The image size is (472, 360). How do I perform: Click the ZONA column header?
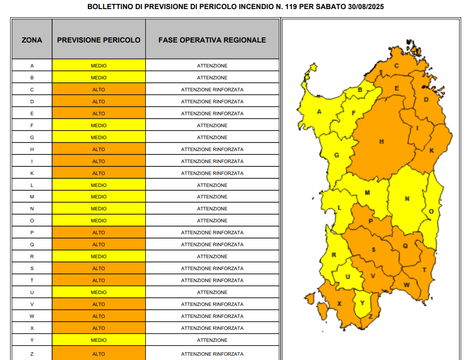[x=32, y=40]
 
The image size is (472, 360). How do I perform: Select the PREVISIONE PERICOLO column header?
[x=99, y=40]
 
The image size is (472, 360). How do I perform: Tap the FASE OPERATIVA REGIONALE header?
[x=212, y=40]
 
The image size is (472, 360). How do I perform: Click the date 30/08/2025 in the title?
[x=366, y=7]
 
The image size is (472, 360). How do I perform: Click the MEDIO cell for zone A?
[x=99, y=65]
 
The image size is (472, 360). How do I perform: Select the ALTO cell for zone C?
[x=99, y=89]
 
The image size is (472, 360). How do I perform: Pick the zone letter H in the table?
[x=32, y=149]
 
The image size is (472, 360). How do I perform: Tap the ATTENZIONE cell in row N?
[x=212, y=209]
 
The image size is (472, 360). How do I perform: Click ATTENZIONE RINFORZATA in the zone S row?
[x=212, y=268]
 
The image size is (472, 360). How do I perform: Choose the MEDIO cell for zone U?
[x=99, y=292]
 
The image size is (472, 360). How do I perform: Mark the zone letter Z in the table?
[x=32, y=354]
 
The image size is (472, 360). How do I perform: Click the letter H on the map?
[x=381, y=142]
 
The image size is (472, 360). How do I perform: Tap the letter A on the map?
[x=319, y=112]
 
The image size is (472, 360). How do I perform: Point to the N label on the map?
[x=407, y=199]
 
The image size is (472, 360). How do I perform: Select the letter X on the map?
[x=340, y=304]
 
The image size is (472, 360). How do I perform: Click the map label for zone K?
[x=431, y=151]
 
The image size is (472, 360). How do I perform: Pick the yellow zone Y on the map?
[x=362, y=303]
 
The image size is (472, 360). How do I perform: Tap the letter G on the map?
[x=336, y=155]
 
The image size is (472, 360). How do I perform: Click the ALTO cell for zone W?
[x=99, y=316]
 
